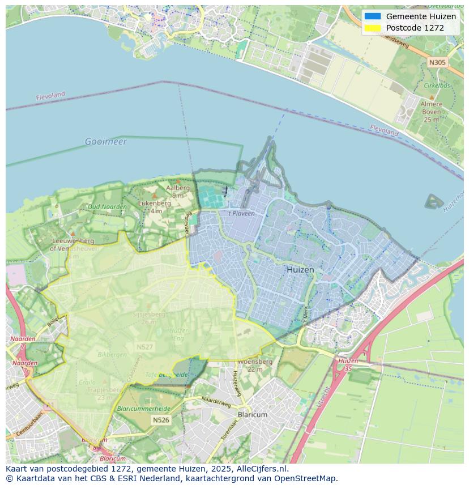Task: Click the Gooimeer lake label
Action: tap(106, 141)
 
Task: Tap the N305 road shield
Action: tap(437, 62)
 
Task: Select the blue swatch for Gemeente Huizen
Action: tap(373, 16)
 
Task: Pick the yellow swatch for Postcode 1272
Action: tap(373, 28)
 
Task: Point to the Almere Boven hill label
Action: tap(431, 112)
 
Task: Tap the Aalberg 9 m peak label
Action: tap(178, 191)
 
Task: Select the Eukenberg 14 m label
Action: tap(155, 206)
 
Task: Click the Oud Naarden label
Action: tap(107, 207)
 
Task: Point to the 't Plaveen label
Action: tap(241, 214)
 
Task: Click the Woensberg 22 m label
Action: tap(254, 365)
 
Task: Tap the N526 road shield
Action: tap(160, 420)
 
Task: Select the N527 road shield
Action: tap(144, 346)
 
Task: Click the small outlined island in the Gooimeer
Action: tap(434, 201)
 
